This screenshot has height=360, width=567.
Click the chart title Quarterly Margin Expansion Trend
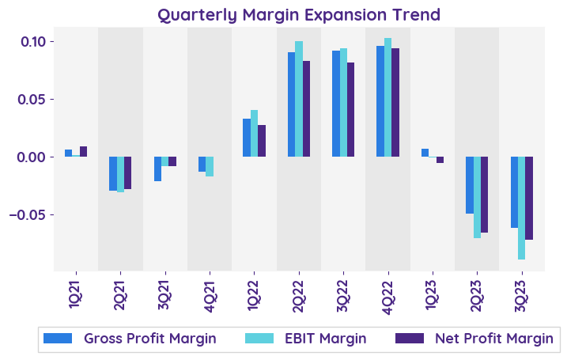click(299, 15)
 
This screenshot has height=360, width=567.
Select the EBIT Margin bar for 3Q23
click(522, 208)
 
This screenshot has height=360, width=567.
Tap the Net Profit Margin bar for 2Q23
click(485, 195)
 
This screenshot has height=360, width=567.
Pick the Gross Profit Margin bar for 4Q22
click(380, 101)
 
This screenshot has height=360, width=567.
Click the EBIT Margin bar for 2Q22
click(299, 99)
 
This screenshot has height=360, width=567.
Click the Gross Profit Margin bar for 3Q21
click(158, 169)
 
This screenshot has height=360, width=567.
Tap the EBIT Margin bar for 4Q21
click(210, 166)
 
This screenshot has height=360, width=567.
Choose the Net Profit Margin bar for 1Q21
click(84, 152)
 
